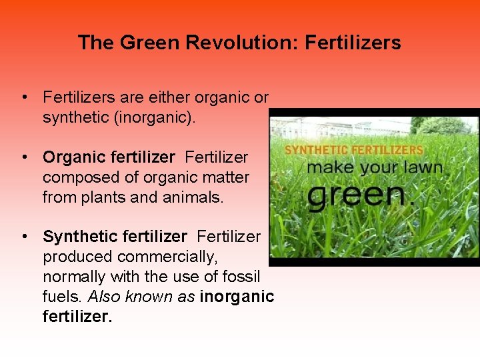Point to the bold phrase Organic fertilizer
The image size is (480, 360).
click(x=109, y=157)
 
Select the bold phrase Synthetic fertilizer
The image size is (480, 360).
click(x=115, y=237)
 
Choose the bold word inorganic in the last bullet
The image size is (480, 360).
click(x=237, y=296)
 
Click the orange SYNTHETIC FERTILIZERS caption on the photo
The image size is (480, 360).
click(x=354, y=150)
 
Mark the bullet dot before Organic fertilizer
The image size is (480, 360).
click(x=23, y=158)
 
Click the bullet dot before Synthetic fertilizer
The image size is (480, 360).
click(x=23, y=237)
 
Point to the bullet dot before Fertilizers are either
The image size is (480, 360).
click(x=23, y=98)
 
